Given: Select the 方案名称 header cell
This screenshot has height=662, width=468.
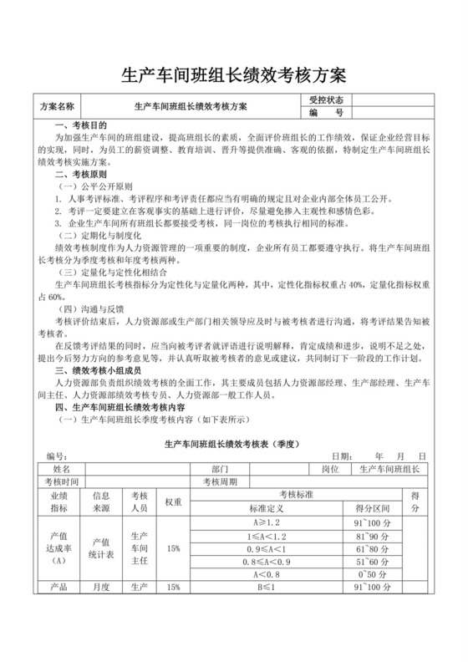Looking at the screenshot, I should (x=57, y=106).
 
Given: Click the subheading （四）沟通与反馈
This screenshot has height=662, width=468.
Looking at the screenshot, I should (x=94, y=308).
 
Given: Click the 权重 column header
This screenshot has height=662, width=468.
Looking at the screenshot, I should (x=173, y=502).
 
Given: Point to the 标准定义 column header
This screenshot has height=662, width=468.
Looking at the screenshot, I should (x=267, y=507).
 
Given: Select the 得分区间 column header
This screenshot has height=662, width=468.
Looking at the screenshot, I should (x=369, y=507).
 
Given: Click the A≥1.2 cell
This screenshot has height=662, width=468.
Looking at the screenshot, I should (x=267, y=521).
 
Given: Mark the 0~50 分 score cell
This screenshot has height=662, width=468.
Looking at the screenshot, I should (x=369, y=574).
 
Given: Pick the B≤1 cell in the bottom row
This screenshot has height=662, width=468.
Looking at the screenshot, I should (x=267, y=588).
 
